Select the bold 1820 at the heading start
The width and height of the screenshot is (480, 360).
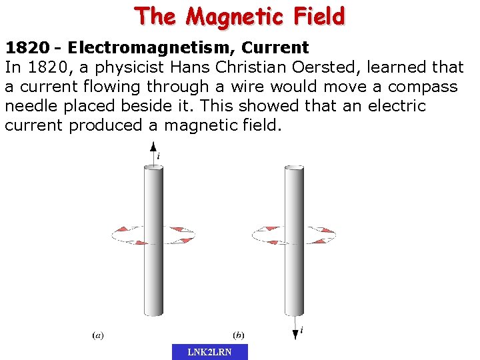click(x=27, y=47)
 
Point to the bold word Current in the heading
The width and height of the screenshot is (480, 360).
click(x=275, y=47)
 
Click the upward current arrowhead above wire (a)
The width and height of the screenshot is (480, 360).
click(x=153, y=146)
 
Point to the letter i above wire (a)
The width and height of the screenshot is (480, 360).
click(x=158, y=156)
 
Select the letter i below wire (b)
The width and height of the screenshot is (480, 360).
click(x=301, y=329)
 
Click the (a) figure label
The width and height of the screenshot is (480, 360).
click(x=98, y=335)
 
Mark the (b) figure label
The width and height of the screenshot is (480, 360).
click(x=238, y=335)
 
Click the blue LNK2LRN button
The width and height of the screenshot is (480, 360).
click(x=209, y=352)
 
